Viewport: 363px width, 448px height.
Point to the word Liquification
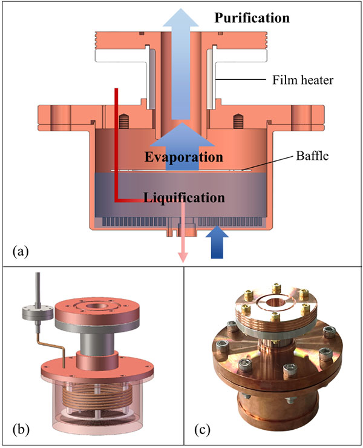click(184, 197)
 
